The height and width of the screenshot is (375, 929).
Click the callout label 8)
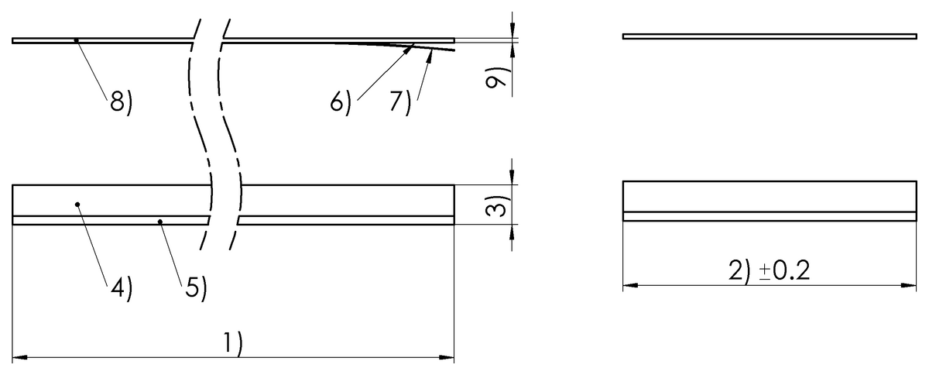point(121,102)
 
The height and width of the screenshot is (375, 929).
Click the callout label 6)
point(341,102)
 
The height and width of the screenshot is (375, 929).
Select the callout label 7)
point(399,102)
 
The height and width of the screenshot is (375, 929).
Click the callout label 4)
point(121,288)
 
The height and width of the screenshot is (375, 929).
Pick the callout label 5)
point(195,288)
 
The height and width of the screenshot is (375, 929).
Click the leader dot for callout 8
point(76,40)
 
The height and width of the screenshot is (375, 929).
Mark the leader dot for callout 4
point(77,205)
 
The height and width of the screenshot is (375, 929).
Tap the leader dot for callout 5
point(159,222)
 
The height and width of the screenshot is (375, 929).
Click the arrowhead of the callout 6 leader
point(410,46)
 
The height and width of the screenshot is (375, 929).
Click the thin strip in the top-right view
point(769,36)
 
